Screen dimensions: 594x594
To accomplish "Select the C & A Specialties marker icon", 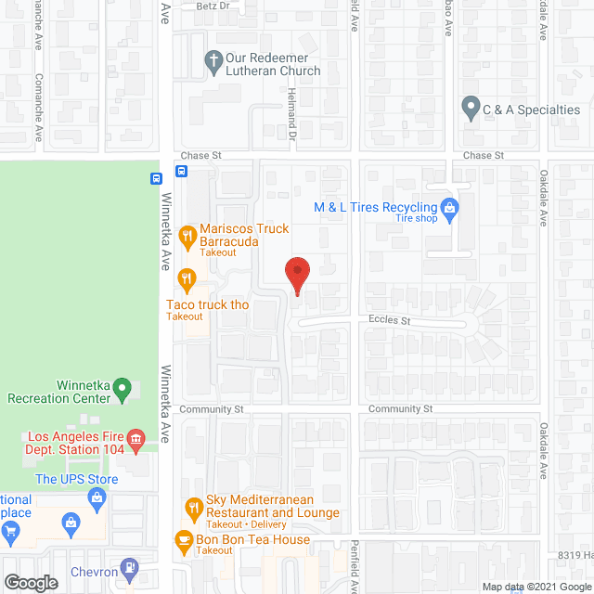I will (x=471, y=109).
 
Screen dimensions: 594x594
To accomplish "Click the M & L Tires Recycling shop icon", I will (x=449, y=207).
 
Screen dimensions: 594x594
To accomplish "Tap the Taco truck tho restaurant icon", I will (x=187, y=278).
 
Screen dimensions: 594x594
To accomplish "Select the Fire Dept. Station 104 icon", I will (x=136, y=437).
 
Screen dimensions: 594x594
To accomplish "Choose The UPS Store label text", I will (x=77, y=479).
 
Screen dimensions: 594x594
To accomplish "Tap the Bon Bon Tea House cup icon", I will (x=185, y=539).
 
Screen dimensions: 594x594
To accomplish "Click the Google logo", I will (x=31, y=582).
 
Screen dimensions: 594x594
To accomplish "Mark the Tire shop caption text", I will (x=417, y=219).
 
